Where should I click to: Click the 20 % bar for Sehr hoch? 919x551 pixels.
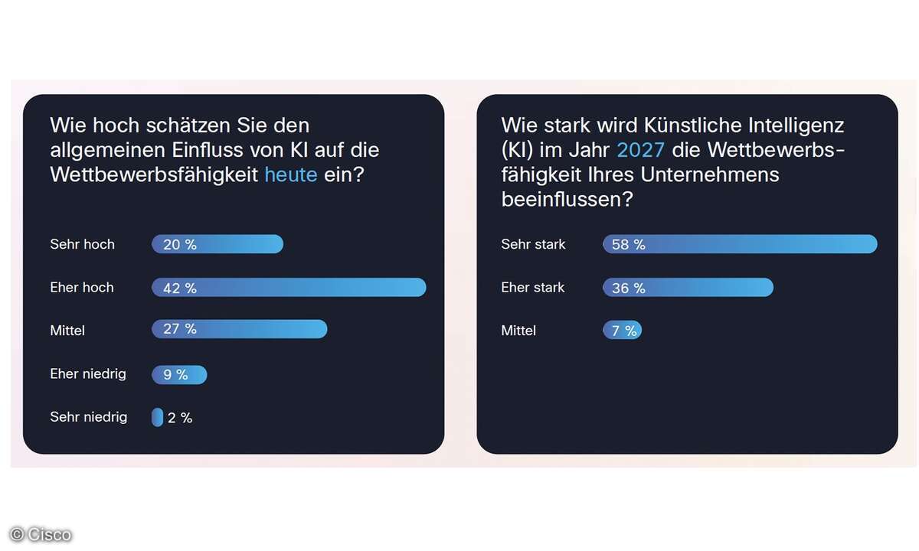[217, 244]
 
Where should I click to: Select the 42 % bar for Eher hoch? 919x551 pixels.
[289, 288]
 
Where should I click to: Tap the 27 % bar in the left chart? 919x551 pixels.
[239, 329]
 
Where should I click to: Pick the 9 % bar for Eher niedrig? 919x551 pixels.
[179, 375]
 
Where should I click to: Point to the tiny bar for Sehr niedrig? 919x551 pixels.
[157, 417]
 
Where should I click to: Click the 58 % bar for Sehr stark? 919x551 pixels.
[740, 244]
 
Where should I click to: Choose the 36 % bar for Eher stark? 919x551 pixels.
[688, 288]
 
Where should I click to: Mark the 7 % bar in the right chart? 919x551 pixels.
[622, 331]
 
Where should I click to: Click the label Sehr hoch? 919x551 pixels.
[82, 244]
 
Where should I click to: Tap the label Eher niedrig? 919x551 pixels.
[88, 373]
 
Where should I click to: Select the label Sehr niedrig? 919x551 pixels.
[89, 417]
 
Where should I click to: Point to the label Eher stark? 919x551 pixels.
[533, 288]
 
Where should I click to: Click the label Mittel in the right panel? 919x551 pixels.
[518, 331]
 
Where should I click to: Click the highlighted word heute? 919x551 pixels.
[291, 174]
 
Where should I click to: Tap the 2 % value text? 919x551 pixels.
[180, 418]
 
